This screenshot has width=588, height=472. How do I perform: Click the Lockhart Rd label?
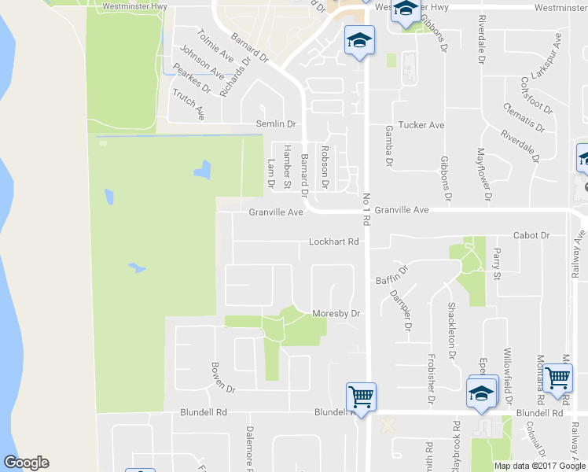pyautogui.click(x=333, y=242)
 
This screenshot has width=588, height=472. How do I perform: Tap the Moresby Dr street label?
pyautogui.click(x=336, y=313)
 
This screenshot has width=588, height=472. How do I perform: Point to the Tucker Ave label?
pyautogui.click(x=421, y=125)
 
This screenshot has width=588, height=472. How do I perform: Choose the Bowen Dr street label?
pyautogui.click(x=222, y=378)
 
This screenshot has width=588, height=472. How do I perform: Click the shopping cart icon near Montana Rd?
pyautogui.click(x=557, y=377)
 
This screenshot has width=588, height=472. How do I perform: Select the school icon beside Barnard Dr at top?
pyautogui.click(x=359, y=39)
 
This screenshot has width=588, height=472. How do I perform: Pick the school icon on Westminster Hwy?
pyautogui.click(x=406, y=10)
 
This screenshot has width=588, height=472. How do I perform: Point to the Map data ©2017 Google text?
pyautogui.click(x=540, y=466)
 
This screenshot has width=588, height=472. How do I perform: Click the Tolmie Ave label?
pyautogui.click(x=215, y=46)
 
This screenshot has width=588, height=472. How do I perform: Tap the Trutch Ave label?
pyautogui.click(x=189, y=104)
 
